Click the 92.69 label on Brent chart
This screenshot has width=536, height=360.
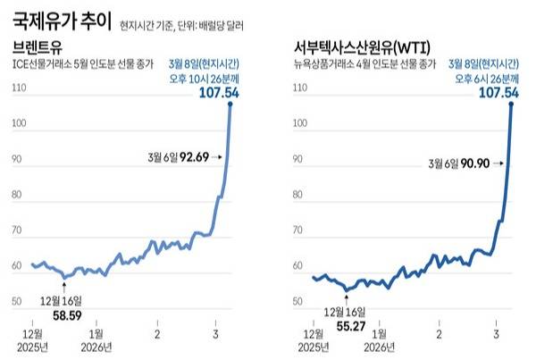pos(191,157)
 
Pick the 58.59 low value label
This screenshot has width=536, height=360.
pos(65,315)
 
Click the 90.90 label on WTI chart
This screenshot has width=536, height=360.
pos(475,163)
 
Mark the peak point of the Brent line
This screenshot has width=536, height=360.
pos(230,105)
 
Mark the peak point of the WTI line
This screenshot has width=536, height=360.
pos(511,105)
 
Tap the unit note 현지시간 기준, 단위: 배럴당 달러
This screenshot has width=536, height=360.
pos(183,21)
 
